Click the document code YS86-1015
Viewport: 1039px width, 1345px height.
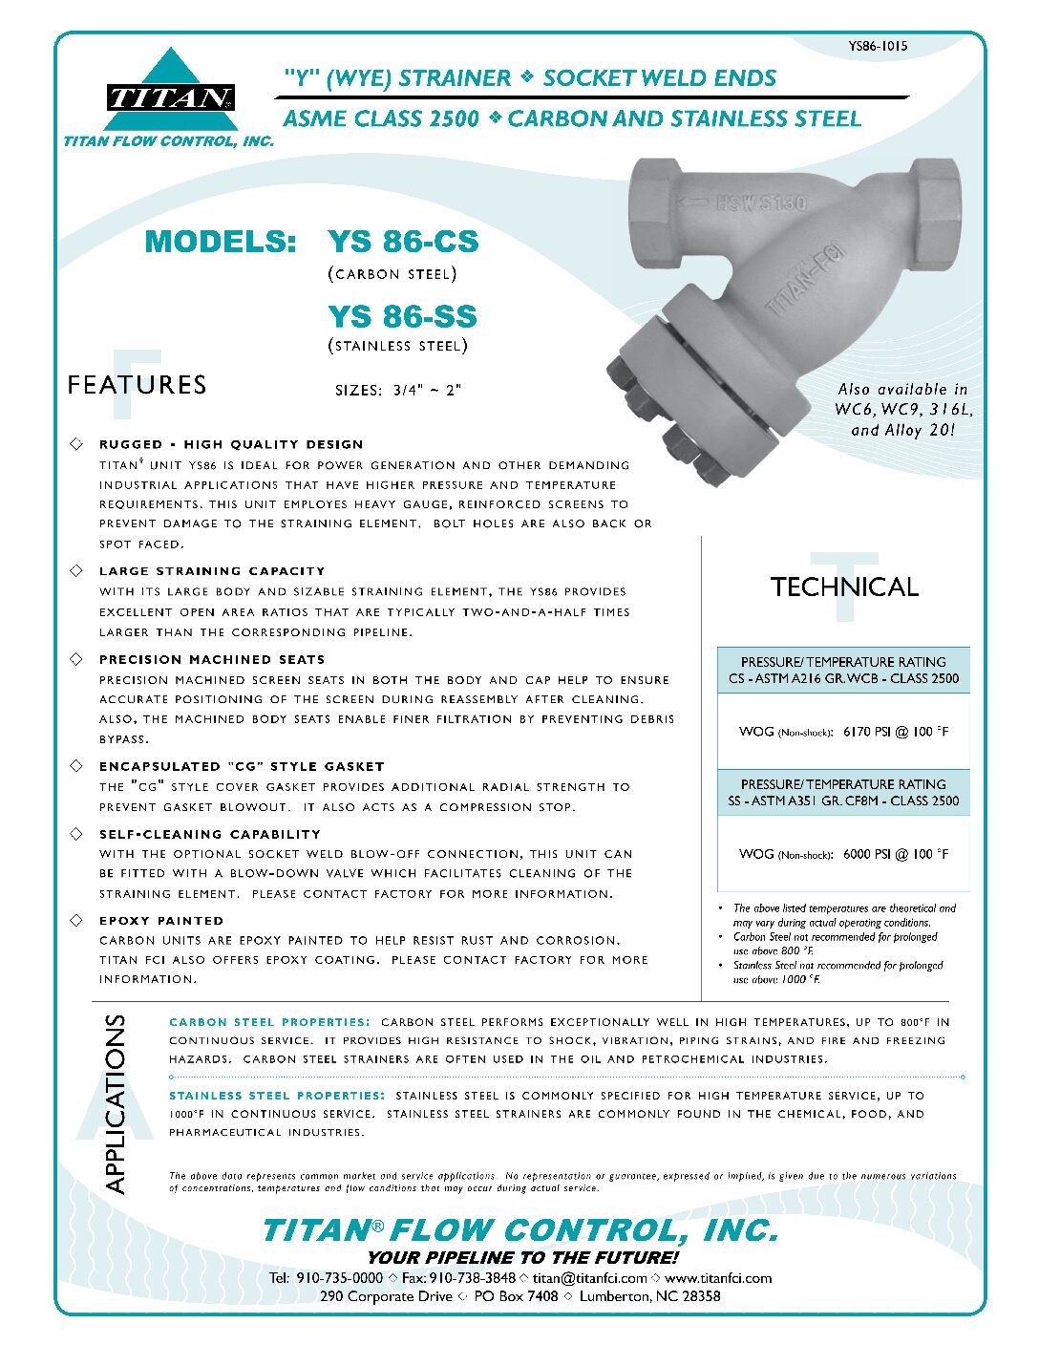pyautogui.click(x=877, y=46)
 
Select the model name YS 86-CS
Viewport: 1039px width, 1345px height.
pyautogui.click(x=402, y=242)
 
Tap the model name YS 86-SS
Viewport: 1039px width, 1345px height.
pyautogui.click(x=402, y=316)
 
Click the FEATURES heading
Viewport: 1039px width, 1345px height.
pyautogui.click(x=137, y=385)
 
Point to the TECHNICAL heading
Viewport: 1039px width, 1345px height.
pyautogui.click(x=844, y=587)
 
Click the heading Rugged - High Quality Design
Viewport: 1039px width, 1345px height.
pyautogui.click(x=231, y=444)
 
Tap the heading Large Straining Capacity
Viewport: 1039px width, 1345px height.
pyautogui.click(x=212, y=571)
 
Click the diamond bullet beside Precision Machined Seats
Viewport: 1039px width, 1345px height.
pyautogui.click(x=76, y=659)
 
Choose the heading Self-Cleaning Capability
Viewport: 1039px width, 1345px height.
pyautogui.click(x=210, y=834)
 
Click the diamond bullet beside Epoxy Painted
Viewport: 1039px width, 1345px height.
pyautogui.click(x=76, y=920)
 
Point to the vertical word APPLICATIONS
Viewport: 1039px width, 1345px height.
pyautogui.click(x=115, y=1103)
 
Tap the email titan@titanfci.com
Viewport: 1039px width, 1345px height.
pyautogui.click(x=589, y=1278)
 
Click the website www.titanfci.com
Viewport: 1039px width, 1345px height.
pyautogui.click(x=718, y=1278)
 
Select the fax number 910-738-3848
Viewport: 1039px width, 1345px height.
pyautogui.click(x=473, y=1278)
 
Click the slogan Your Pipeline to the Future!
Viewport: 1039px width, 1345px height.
pyautogui.click(x=522, y=1257)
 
